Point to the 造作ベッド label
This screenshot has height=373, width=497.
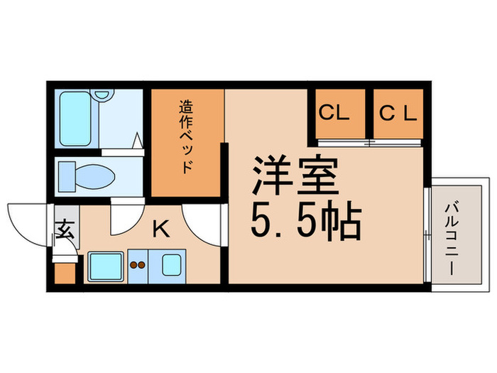click(186, 137)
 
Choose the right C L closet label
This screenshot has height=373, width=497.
click(398, 113)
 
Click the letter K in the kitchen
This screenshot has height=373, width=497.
click(162, 229)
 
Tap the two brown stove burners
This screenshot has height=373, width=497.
click(136, 267)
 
